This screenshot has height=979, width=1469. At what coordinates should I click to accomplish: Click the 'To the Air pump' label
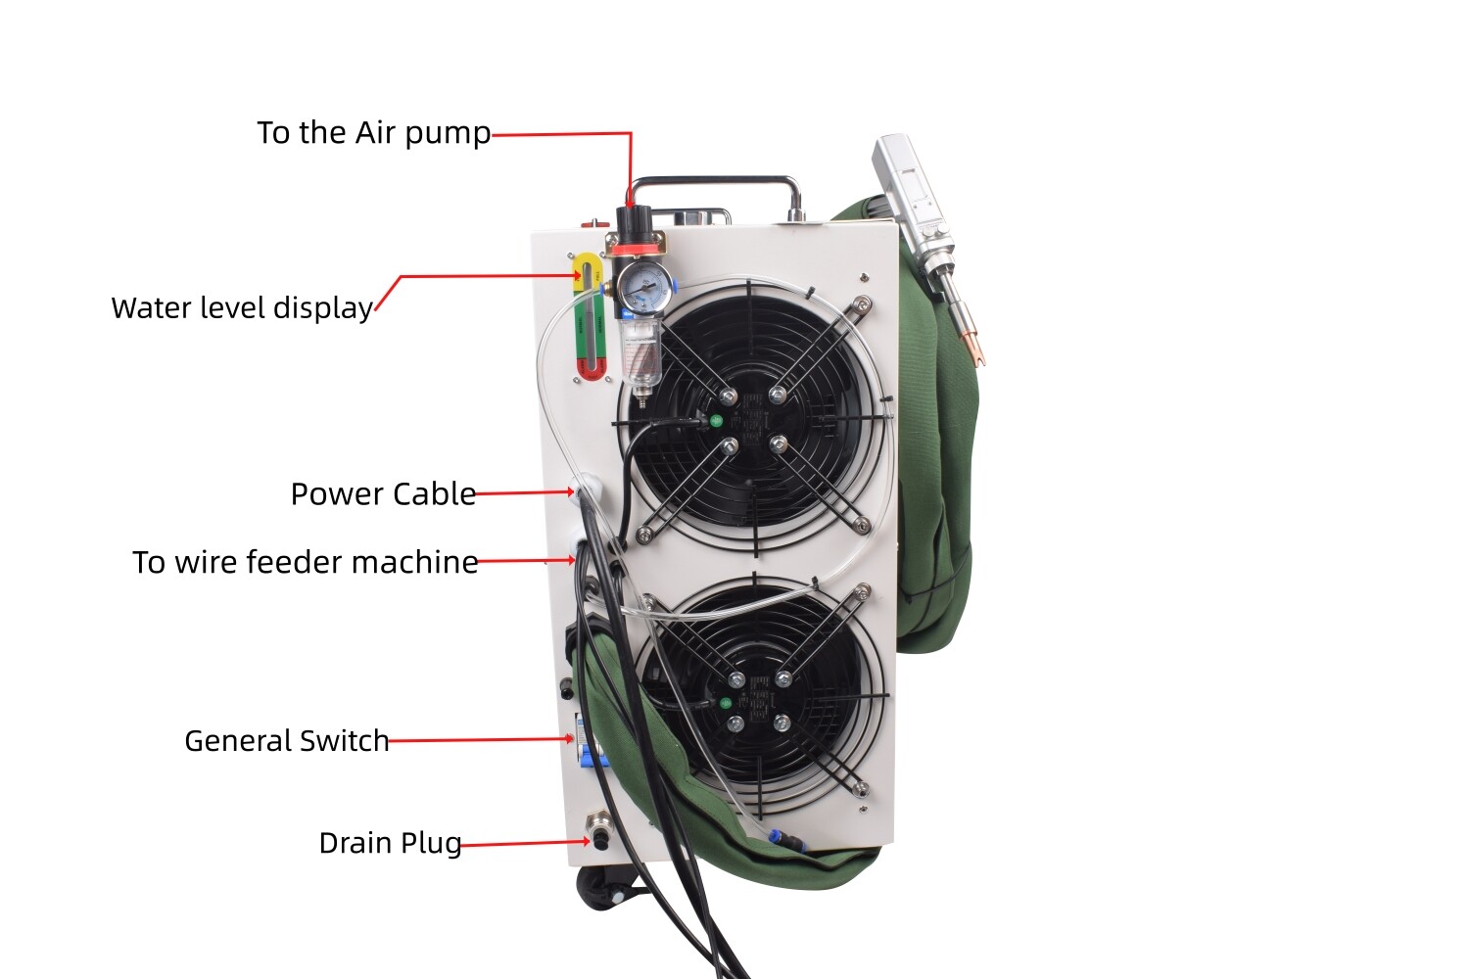point(373,133)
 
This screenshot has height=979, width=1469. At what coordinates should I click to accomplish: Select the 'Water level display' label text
point(242,308)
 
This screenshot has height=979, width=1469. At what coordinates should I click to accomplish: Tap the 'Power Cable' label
point(383,494)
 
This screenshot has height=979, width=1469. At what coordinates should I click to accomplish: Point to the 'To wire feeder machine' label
point(306,563)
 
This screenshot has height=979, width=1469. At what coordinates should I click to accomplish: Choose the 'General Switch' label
point(287,741)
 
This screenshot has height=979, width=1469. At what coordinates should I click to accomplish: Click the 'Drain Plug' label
point(390,843)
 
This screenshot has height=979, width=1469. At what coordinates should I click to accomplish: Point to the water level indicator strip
point(590,318)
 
